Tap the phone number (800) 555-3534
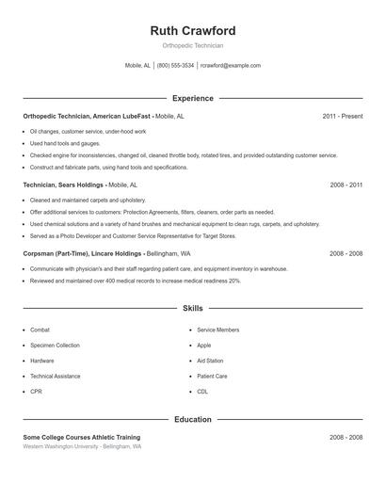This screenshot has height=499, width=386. tap(175, 66)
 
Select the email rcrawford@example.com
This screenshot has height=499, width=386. tap(230, 66)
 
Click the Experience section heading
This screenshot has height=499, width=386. tap(192, 98)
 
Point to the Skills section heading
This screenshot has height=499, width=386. tap(192, 308)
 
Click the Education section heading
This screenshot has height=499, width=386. tap(192, 419)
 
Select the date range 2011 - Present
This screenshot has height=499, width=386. tap(342, 116)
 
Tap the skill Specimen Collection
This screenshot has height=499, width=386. tap(55, 346)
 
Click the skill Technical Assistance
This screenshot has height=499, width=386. tap(55, 376)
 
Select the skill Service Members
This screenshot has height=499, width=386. tap(217, 330)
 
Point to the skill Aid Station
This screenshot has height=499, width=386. tap(210, 361)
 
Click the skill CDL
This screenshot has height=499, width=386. tap(202, 391)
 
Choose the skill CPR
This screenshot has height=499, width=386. tap(36, 391)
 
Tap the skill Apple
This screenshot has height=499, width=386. tap(203, 346)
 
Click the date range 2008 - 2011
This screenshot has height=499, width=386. tap(346, 185)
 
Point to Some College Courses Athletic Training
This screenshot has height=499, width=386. tap(82, 437)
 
